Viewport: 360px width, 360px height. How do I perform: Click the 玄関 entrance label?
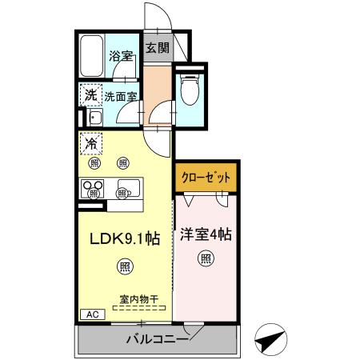(x=158, y=48)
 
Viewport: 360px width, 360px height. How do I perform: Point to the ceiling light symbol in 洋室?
(x=206, y=258)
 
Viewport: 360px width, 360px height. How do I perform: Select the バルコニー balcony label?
(x=157, y=339)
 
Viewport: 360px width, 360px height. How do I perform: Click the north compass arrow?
(x=271, y=339)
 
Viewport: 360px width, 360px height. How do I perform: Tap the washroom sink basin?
(x=94, y=119)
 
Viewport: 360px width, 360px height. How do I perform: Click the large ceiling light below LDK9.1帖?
(x=125, y=265)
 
